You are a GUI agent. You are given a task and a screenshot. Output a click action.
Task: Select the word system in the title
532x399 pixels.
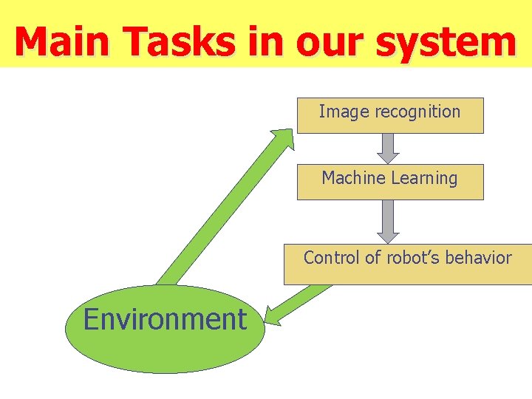click(446, 42)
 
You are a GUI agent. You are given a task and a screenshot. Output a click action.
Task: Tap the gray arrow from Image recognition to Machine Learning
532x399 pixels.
click(388, 148)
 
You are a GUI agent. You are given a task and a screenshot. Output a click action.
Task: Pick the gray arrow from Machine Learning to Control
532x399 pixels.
click(388, 221)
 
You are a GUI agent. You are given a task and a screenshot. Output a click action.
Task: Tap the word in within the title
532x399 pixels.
click(270, 42)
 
